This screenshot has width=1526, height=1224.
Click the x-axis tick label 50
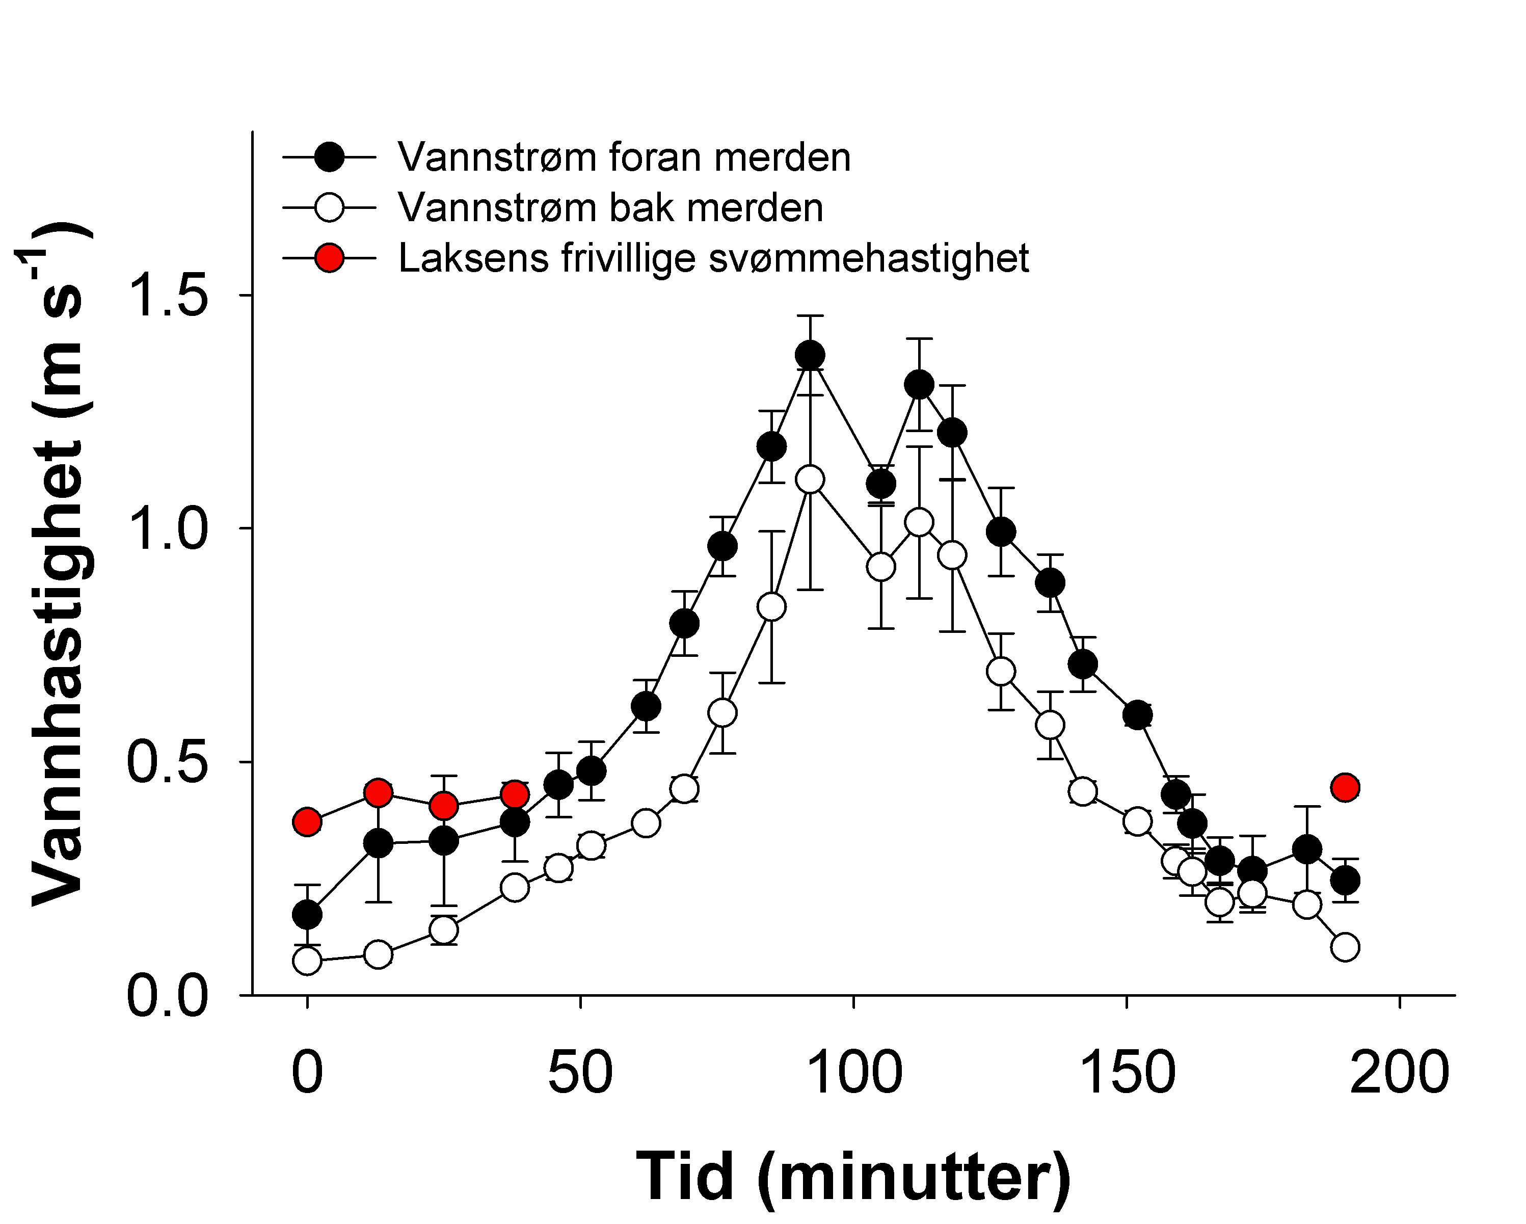580,1073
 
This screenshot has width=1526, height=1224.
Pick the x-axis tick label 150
1127,1073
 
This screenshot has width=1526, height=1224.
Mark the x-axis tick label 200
1399,1073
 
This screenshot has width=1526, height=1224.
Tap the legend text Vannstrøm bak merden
610,208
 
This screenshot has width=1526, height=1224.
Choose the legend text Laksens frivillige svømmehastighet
713,258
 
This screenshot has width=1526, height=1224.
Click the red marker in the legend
329,258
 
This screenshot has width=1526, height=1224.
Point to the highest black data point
810,355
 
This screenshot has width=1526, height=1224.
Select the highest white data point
810,480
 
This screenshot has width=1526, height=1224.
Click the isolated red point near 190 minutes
1345,787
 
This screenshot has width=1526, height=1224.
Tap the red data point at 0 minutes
307,822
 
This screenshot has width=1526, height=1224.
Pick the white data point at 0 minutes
307,961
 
